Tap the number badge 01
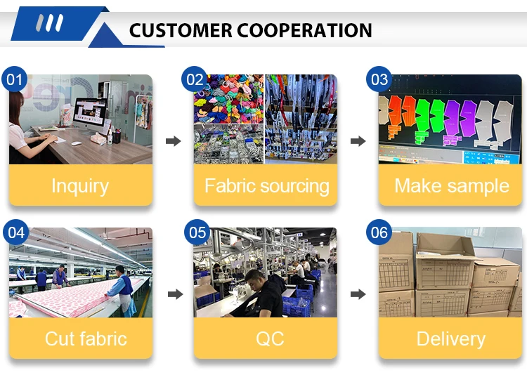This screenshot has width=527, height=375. tap(14, 79)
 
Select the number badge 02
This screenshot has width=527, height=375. tap(195, 79)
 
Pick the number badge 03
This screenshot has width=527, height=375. tap(379, 79)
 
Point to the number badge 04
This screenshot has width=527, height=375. tap(14, 232)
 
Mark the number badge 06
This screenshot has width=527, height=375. tap(379, 232)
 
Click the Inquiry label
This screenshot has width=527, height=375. tap(80, 186)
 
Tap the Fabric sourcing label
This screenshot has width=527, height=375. tap(266, 186)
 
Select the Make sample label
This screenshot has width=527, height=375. tap(451, 186)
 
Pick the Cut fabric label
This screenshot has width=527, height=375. tap(86, 338)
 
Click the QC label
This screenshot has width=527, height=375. tap(269, 338)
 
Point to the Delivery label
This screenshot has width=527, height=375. tap(450, 338)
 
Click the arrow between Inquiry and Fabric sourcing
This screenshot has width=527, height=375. tap(173, 141)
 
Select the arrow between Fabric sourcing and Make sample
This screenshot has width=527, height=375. tap(358, 141)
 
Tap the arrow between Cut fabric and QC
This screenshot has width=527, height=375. tap(173, 294)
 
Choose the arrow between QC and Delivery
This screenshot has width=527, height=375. tap(358, 294)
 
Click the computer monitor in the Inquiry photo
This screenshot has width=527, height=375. tap(90, 112)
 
